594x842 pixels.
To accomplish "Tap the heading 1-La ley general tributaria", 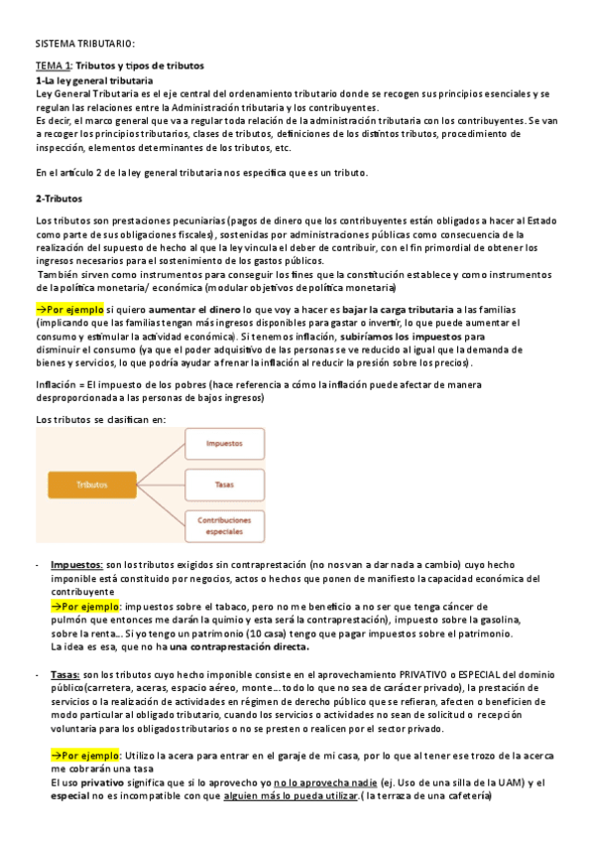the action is pos(94,79).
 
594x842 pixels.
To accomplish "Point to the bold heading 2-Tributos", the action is pos(60,199).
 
